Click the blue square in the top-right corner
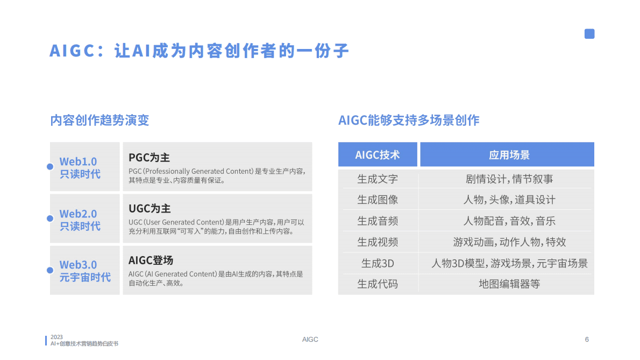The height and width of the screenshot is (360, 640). coord(589,34)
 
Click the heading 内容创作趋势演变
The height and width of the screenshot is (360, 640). coord(99,120)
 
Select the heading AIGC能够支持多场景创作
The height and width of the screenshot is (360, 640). coord(409,120)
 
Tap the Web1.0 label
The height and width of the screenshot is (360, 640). coord(79,161)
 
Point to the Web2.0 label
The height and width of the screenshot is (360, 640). coord(79,214)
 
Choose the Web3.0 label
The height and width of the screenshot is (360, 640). coord(79,265)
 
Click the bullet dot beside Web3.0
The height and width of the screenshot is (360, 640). coord(50,270)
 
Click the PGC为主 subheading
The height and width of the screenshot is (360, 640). coord(149,158)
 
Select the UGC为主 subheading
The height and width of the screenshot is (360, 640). coord(150,209)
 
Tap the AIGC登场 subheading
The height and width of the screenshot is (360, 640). coord(151,260)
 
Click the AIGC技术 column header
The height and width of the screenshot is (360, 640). coord(378,155)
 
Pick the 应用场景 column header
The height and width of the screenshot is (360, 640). coord(509,155)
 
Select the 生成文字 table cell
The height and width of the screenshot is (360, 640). coord(378,179)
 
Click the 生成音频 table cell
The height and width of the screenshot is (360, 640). coord(378,221)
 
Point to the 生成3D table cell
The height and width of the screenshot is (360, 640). coord(378,263)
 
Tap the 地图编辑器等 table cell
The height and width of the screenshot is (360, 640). coord(509,284)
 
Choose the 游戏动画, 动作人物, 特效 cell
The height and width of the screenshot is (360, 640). coord(509,242)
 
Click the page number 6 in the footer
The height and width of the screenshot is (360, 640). coord(587,340)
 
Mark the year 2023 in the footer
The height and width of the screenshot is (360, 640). coord(56,337)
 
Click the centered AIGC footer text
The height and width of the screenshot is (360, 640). coord(310,340)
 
